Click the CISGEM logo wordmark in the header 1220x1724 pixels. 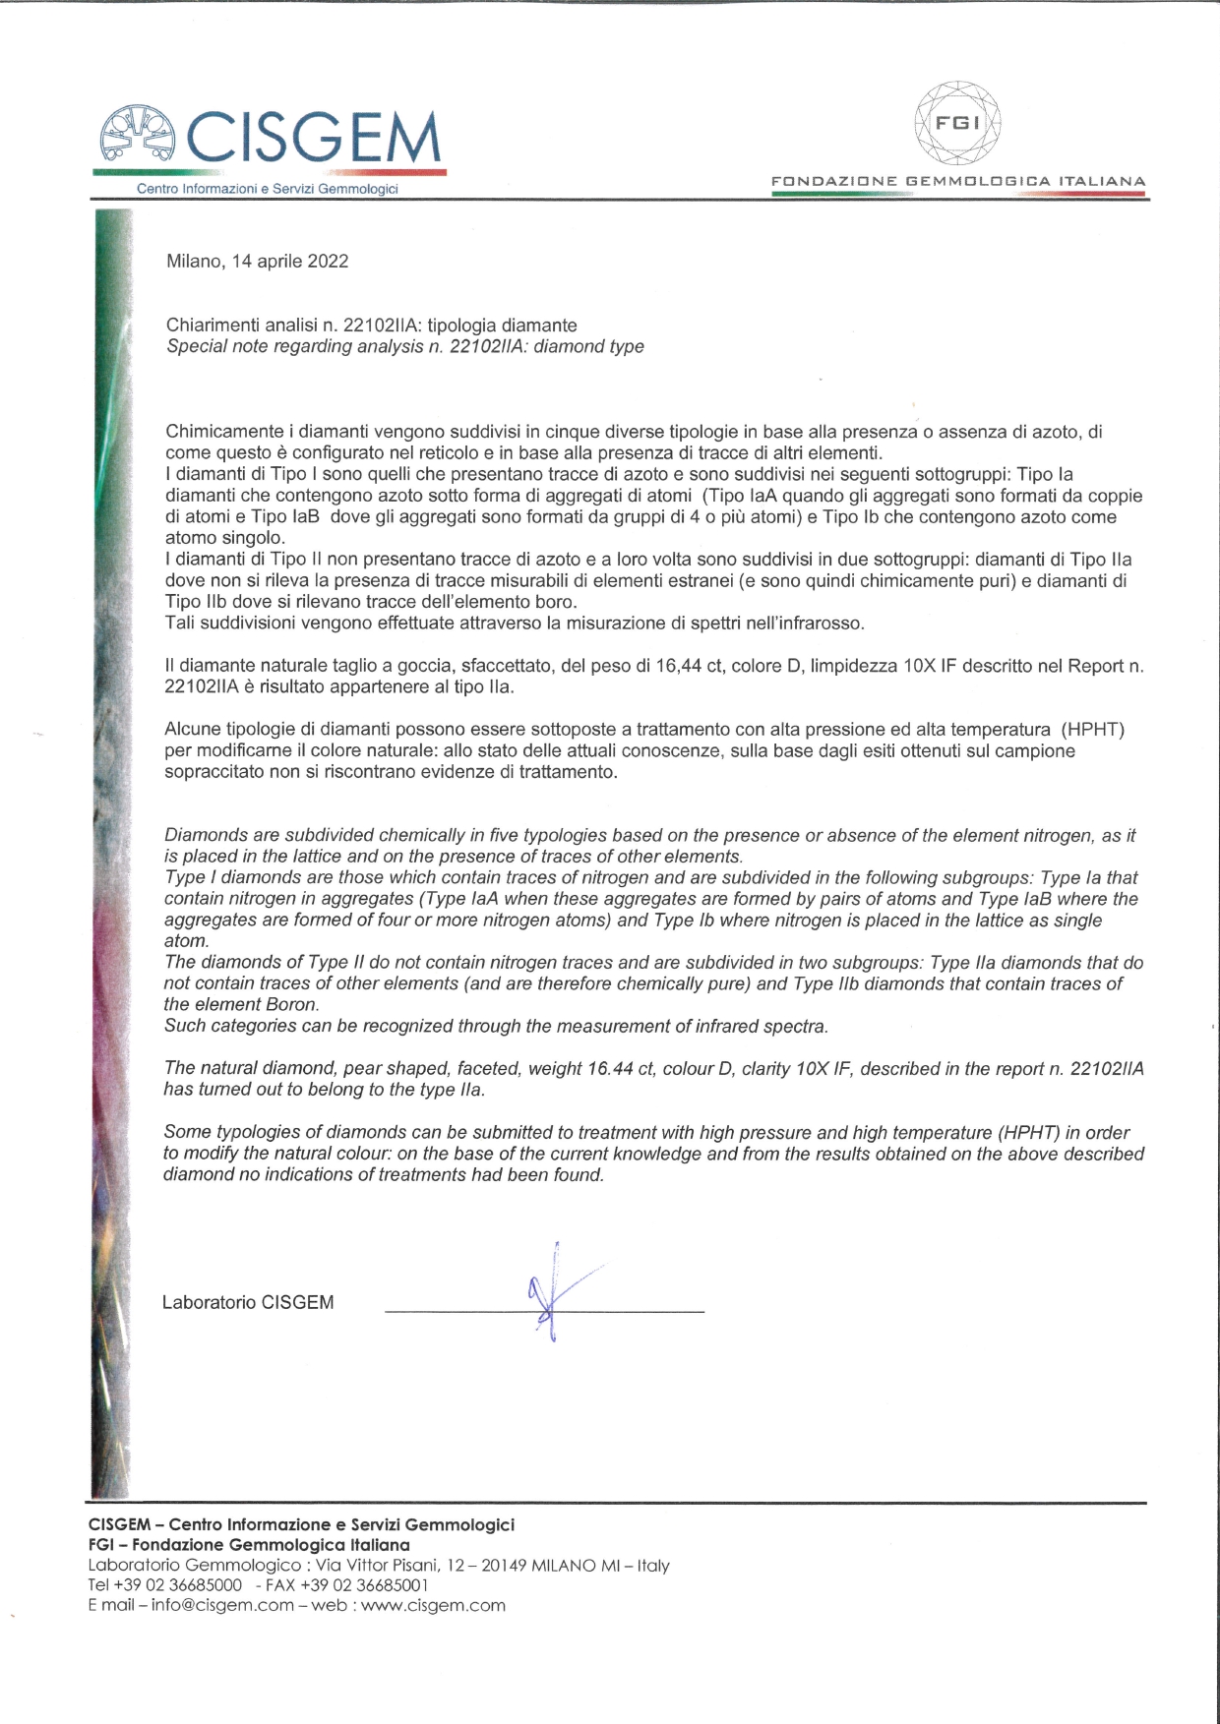click(313, 137)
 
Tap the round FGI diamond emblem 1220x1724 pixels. click(957, 123)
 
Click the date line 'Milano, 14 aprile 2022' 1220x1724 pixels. click(257, 261)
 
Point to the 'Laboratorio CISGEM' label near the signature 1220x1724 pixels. click(248, 1302)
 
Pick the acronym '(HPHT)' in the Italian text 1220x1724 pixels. click(1092, 730)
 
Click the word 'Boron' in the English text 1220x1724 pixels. click(292, 1005)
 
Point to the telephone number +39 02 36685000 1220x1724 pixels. click(178, 1584)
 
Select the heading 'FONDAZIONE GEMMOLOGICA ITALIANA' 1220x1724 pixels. click(958, 182)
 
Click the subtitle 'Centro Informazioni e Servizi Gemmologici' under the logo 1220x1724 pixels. click(268, 189)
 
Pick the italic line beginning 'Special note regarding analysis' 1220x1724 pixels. click(404, 346)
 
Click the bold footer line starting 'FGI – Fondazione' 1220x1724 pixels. click(249, 1545)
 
